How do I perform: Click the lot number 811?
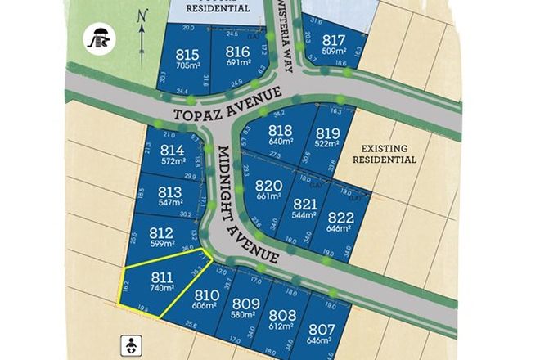162,276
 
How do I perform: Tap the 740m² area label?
162,288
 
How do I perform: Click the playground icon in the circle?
102,38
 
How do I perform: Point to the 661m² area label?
268,197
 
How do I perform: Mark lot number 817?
333,41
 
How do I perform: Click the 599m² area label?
161,245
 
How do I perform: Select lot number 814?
173,150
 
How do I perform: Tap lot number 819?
326,133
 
